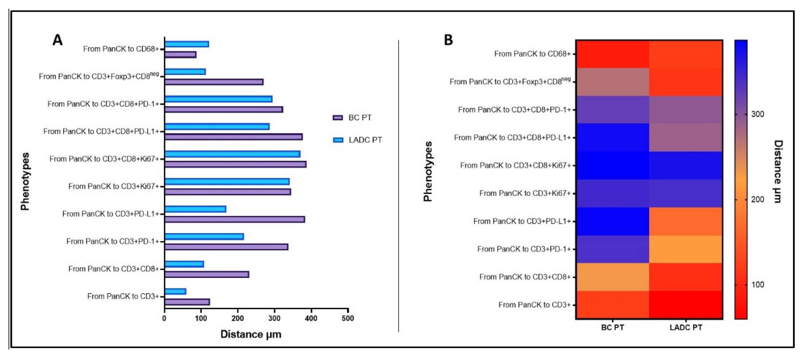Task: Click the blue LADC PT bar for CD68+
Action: [187, 44]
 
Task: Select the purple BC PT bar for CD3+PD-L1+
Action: [235, 219]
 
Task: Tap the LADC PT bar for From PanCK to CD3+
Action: [175, 291]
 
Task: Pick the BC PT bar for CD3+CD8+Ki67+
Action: [235, 164]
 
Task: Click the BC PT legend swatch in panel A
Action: [338, 118]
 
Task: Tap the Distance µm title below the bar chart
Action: [251, 334]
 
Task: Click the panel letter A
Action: [58, 40]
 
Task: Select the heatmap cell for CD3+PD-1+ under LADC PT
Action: [686, 249]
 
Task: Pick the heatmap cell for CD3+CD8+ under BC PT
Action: [613, 277]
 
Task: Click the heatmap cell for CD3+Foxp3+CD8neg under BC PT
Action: [613, 82]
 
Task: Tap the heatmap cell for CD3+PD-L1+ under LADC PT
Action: [686, 221]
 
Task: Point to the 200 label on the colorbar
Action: [757, 199]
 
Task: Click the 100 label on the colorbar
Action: [757, 284]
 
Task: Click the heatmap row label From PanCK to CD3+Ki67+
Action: [525, 193]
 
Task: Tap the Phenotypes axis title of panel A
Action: [25, 181]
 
